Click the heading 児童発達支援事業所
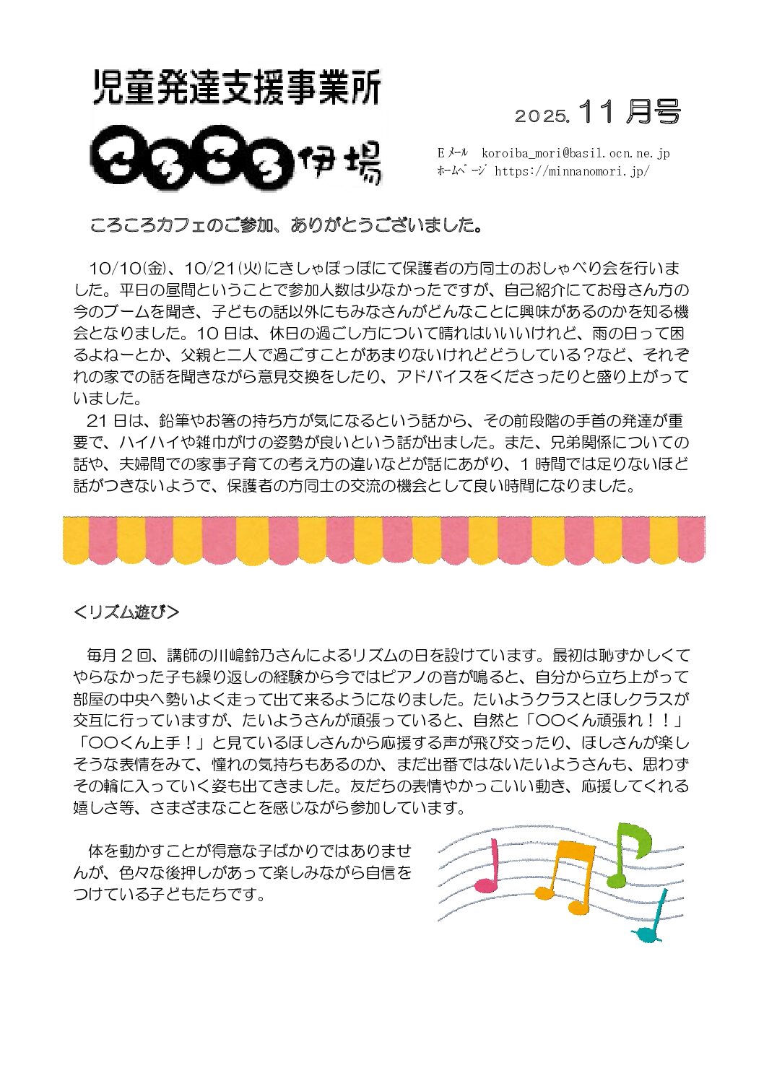236,88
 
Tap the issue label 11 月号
629,112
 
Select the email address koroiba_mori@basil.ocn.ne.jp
576,153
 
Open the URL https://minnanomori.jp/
572,171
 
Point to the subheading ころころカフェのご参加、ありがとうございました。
286,226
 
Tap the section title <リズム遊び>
126,612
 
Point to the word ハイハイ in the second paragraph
144,442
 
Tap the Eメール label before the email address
453,153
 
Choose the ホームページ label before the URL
461,171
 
